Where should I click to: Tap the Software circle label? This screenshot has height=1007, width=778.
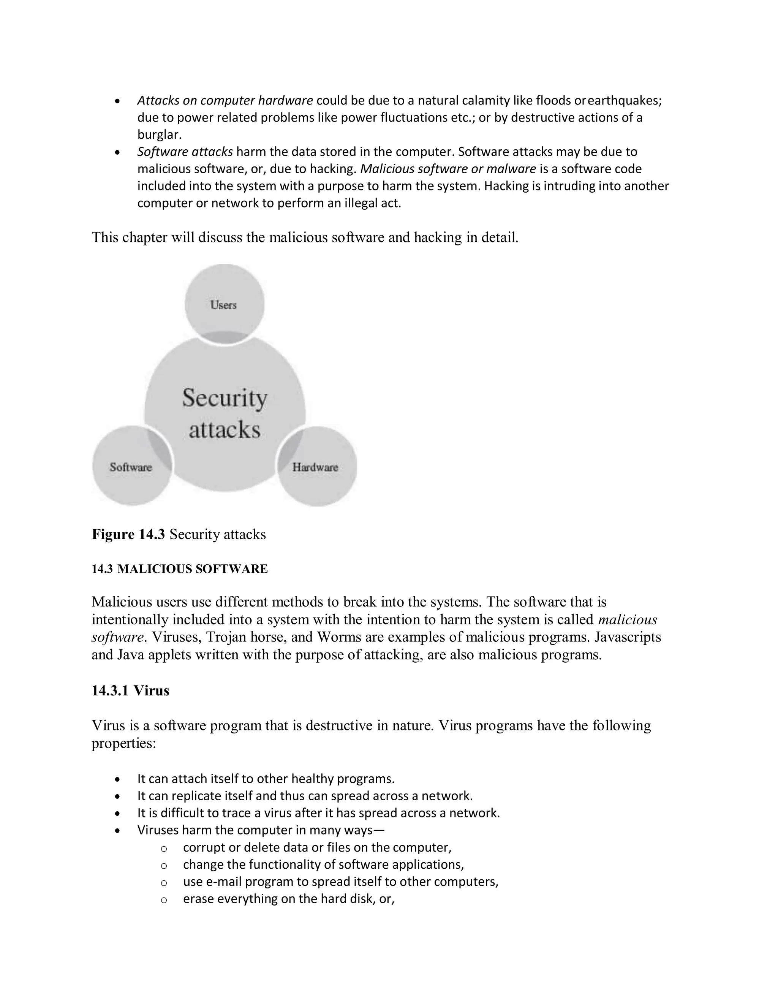click(131, 467)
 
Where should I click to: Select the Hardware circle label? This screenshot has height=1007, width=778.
click(315, 467)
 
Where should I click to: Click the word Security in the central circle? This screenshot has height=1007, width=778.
click(225, 398)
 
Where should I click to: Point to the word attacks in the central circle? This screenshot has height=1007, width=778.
click(225, 430)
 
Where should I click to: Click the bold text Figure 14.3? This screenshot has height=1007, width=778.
click(128, 534)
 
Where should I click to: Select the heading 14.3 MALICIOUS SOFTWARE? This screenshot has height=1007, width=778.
click(179, 569)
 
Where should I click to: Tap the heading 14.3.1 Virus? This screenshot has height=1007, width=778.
click(130, 691)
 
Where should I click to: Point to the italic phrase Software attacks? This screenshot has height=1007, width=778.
click(185, 152)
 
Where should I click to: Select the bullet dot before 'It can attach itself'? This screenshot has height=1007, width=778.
click(118, 780)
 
